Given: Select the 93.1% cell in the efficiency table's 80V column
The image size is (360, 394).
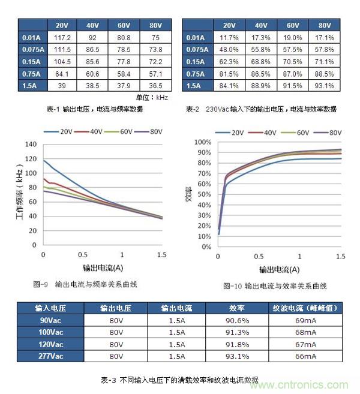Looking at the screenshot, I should [x=325, y=86].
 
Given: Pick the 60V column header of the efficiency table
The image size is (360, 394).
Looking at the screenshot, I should [x=292, y=26].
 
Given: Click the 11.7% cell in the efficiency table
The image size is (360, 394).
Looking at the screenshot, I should [x=229, y=38].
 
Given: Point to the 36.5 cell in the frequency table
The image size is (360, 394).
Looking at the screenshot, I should [x=155, y=86].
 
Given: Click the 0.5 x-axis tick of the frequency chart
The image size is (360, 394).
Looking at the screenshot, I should [x=82, y=255].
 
